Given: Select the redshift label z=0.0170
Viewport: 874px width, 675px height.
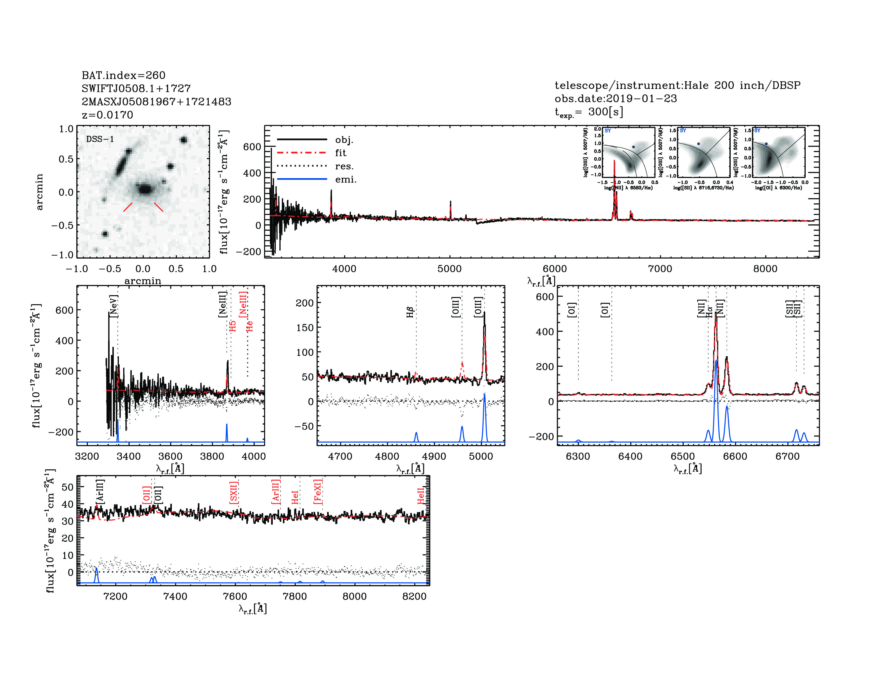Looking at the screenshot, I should click(x=107, y=115).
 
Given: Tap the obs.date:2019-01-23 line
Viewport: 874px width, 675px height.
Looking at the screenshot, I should click(x=616, y=98).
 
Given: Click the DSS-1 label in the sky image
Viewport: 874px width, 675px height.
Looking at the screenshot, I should click(x=100, y=139).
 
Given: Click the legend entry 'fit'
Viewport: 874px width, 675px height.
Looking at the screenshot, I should click(x=341, y=153).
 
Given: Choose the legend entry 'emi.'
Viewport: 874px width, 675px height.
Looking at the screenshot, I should click(x=345, y=179).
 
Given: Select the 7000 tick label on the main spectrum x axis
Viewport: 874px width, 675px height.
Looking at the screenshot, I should click(x=660, y=269).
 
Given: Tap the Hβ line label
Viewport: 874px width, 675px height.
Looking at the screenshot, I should click(x=410, y=312).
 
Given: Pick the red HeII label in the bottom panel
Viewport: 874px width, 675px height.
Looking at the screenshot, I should click(x=421, y=496).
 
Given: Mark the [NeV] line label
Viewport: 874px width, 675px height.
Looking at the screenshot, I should click(x=114, y=306).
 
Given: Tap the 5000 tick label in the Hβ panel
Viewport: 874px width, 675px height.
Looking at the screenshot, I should click(x=481, y=457).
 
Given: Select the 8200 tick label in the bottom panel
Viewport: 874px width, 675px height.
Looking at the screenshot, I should click(x=414, y=596).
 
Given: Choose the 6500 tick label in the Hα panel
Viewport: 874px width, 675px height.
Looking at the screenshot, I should click(x=683, y=457).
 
